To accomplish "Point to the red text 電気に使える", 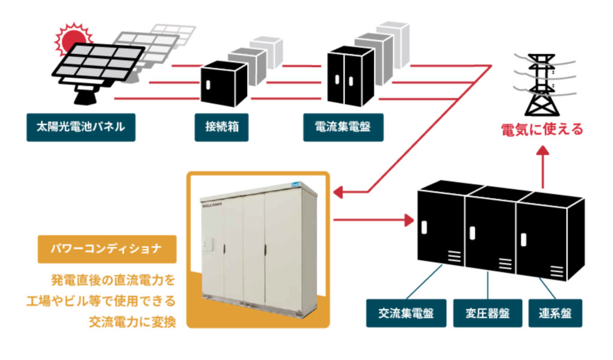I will coord(542,129).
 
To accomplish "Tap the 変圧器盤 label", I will coord(487,313).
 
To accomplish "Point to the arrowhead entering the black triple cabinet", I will coord(409,220).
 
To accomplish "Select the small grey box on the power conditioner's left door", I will coord(208,245).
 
